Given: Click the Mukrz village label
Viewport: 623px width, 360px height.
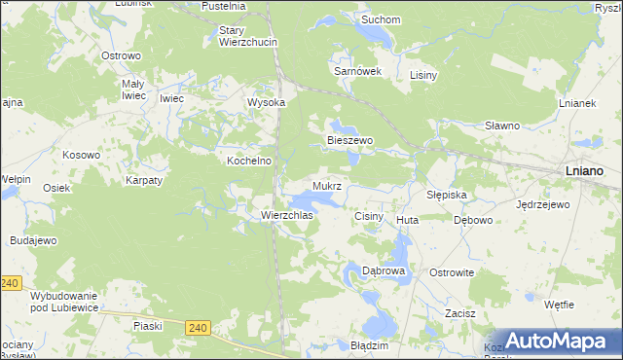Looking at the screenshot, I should click(x=327, y=185).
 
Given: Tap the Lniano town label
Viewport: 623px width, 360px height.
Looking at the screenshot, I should click(x=584, y=170).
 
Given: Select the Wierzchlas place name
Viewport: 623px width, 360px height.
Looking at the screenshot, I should click(x=285, y=215).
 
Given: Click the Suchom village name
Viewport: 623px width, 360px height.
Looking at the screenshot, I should click(x=381, y=18).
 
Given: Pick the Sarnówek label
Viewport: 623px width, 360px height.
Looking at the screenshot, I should click(x=356, y=71).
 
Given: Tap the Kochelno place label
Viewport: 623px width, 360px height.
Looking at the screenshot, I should click(x=248, y=161).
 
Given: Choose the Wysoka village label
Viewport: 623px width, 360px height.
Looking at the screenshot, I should click(x=266, y=102).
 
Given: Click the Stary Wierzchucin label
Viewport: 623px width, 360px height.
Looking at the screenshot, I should click(x=248, y=36).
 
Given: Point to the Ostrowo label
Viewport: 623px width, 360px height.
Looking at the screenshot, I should click(x=122, y=55).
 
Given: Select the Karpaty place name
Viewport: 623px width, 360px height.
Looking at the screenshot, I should click(x=143, y=180).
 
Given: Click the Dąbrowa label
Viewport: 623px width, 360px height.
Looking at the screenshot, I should click(x=383, y=270).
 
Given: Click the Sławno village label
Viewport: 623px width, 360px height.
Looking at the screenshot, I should click(x=502, y=126).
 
